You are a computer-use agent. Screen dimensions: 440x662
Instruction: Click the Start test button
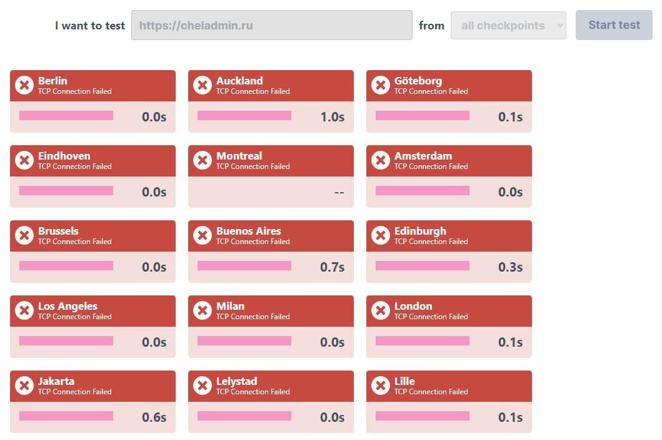(614, 25)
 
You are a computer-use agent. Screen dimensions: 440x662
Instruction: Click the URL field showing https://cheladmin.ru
(271, 25)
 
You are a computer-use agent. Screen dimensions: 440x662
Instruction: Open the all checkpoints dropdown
(508, 26)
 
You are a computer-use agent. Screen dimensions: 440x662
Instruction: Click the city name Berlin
(53, 81)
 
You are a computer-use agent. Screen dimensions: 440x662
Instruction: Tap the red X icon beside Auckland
(203, 85)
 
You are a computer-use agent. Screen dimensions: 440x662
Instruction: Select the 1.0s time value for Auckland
(333, 117)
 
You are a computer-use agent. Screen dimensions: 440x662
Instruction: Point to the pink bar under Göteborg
(423, 115)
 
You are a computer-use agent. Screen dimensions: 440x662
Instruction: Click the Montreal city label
(239, 156)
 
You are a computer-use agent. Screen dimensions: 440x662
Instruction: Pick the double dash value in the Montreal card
(339, 192)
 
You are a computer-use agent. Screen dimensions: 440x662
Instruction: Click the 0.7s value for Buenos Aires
(333, 267)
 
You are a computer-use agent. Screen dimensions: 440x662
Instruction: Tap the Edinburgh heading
(420, 231)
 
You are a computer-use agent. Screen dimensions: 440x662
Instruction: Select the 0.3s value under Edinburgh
(511, 267)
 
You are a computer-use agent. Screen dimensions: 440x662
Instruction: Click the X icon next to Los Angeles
(24, 310)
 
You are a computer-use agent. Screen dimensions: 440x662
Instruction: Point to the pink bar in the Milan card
(244, 340)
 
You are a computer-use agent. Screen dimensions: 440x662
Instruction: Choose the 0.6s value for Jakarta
(154, 417)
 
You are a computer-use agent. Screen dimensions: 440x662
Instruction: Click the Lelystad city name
(236, 381)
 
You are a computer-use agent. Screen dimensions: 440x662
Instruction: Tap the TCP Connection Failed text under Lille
(431, 392)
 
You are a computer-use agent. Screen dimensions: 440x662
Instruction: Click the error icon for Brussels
(24, 235)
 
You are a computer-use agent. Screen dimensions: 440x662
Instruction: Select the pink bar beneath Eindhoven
(66, 190)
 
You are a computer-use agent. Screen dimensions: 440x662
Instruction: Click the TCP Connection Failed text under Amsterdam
(431, 166)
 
